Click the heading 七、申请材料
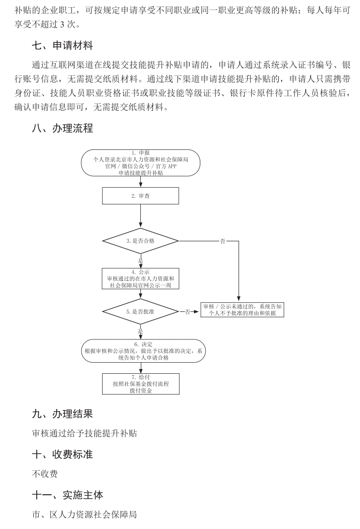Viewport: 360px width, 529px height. click(62, 46)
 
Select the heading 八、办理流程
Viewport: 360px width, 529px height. click(62, 129)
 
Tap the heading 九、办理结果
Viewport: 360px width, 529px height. click(62, 414)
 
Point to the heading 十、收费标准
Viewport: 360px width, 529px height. click(62, 455)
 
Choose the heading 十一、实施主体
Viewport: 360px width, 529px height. click(67, 495)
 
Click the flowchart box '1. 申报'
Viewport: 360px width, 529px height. click(140, 162)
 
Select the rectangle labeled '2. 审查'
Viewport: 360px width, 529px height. click(140, 196)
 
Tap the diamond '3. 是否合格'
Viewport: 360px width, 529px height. click(140, 240)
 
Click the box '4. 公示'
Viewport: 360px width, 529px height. click(140, 279)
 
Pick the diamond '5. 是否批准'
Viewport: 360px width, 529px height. click(140, 312)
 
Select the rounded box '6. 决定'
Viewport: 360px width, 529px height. click(143, 351)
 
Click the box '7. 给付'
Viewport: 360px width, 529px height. click(140, 384)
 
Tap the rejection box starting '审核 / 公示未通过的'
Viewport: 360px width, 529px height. click(242, 310)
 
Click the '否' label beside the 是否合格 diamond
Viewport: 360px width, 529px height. click(223, 241)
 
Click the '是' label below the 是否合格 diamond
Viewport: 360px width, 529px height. click(141, 261)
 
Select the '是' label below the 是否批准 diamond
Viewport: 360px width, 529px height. click(141, 331)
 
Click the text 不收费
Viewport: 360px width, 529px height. click(45, 474)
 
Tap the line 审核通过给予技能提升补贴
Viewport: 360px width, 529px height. click(84, 433)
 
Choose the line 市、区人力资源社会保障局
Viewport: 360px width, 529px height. click(84, 514)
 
